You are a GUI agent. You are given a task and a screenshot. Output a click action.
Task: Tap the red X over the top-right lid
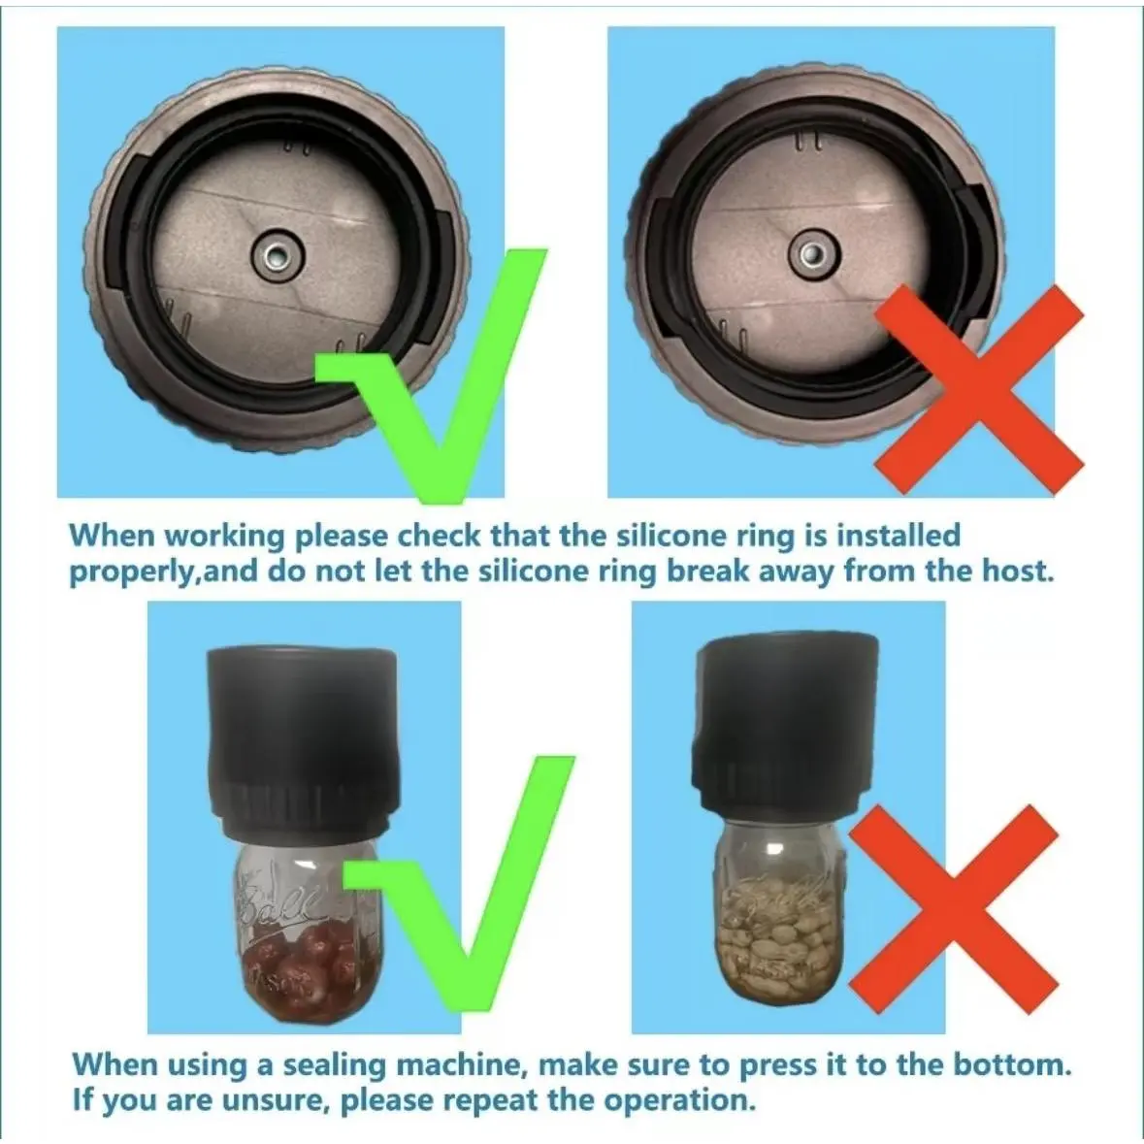979,389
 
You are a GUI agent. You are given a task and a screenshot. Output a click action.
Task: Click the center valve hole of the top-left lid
275,256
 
